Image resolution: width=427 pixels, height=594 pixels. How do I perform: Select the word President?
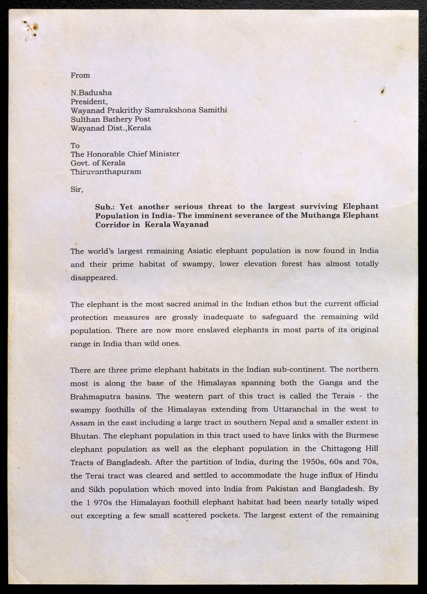coord(89,102)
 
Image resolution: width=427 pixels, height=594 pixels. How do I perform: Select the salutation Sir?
coord(77,189)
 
